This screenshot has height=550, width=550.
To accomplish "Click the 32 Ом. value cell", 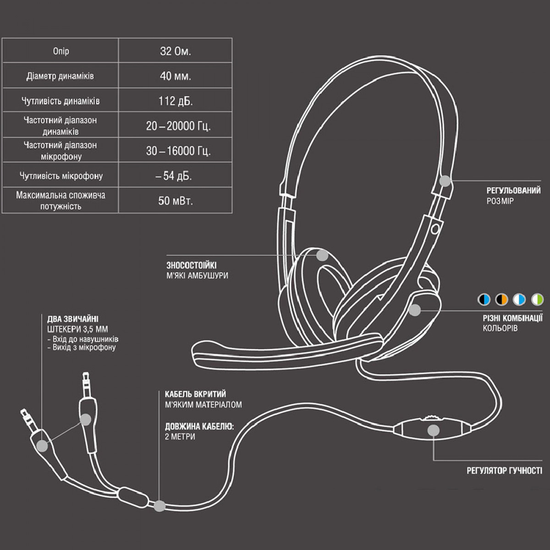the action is pos(175,51).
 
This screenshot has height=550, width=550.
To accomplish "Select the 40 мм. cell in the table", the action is pos(175,76).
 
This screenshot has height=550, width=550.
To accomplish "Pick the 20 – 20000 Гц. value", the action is pos(178,126).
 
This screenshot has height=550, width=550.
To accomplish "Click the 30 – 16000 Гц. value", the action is pos(178,151).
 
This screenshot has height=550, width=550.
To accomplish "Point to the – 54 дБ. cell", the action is pos(174,176).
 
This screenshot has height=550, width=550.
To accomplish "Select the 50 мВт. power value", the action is pos(176,201).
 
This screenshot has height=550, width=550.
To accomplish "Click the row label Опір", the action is pos(61,51).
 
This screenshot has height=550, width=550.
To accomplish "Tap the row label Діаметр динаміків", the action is pos(60,76).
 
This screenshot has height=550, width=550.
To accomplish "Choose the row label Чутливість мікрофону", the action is pos(61,176).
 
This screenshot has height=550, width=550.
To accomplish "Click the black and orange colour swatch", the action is pos(501,299).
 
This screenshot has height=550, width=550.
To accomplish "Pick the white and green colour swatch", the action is pos(537,299).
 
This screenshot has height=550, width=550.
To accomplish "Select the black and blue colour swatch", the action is pos(484,299).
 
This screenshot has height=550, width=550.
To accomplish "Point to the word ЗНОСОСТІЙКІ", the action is pos(192,265).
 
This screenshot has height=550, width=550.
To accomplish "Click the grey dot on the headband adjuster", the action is pos(445,181).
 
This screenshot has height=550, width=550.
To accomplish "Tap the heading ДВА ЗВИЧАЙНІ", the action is pos(73,319).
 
